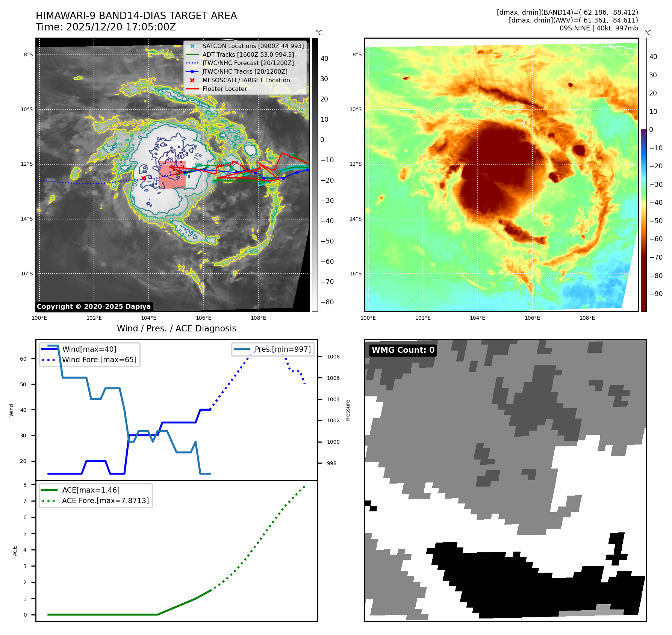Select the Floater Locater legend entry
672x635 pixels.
click(224, 89)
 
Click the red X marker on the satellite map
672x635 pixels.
click(143, 178)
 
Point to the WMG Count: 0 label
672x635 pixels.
click(403, 350)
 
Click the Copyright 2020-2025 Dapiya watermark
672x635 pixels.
click(94, 307)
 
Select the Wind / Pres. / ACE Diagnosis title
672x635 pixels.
click(176, 328)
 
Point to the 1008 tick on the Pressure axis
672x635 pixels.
click(333, 357)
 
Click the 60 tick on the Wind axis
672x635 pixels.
click(23, 359)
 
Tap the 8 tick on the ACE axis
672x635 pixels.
click(25, 485)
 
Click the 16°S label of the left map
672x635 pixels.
click(27, 274)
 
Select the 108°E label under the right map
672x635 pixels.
click(587, 318)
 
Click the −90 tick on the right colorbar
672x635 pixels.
click(656, 294)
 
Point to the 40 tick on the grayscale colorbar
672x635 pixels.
click(324, 59)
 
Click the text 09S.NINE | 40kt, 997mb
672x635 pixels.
click(598, 28)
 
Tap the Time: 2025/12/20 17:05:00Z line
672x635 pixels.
click(106, 27)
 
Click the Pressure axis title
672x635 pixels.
click(348, 410)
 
